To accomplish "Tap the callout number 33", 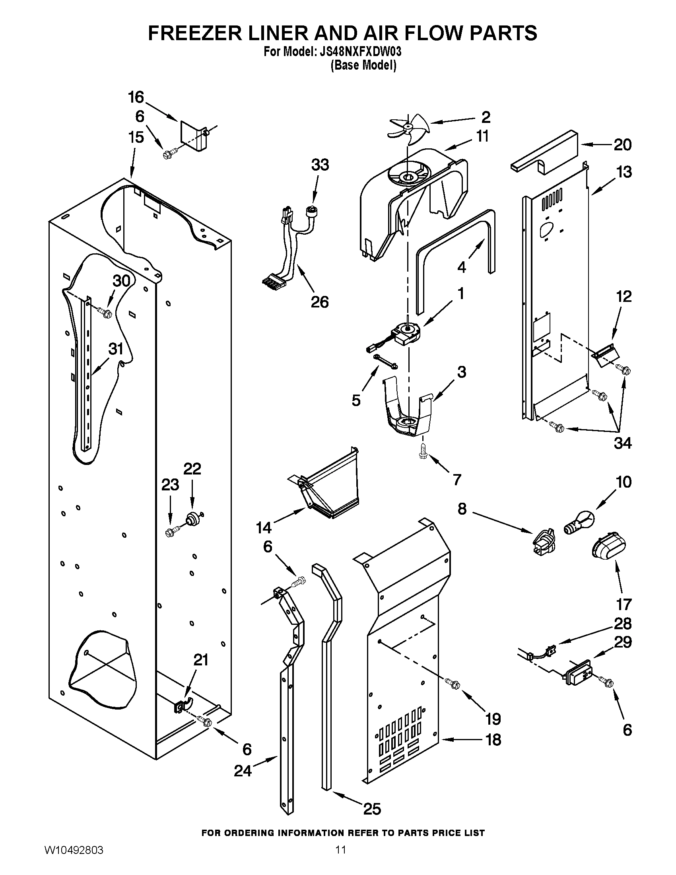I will (x=320, y=165).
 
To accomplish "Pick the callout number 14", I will (x=264, y=527).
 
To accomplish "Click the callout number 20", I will (x=623, y=145).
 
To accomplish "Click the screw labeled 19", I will (x=455, y=684).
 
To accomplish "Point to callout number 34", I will (x=623, y=443).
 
